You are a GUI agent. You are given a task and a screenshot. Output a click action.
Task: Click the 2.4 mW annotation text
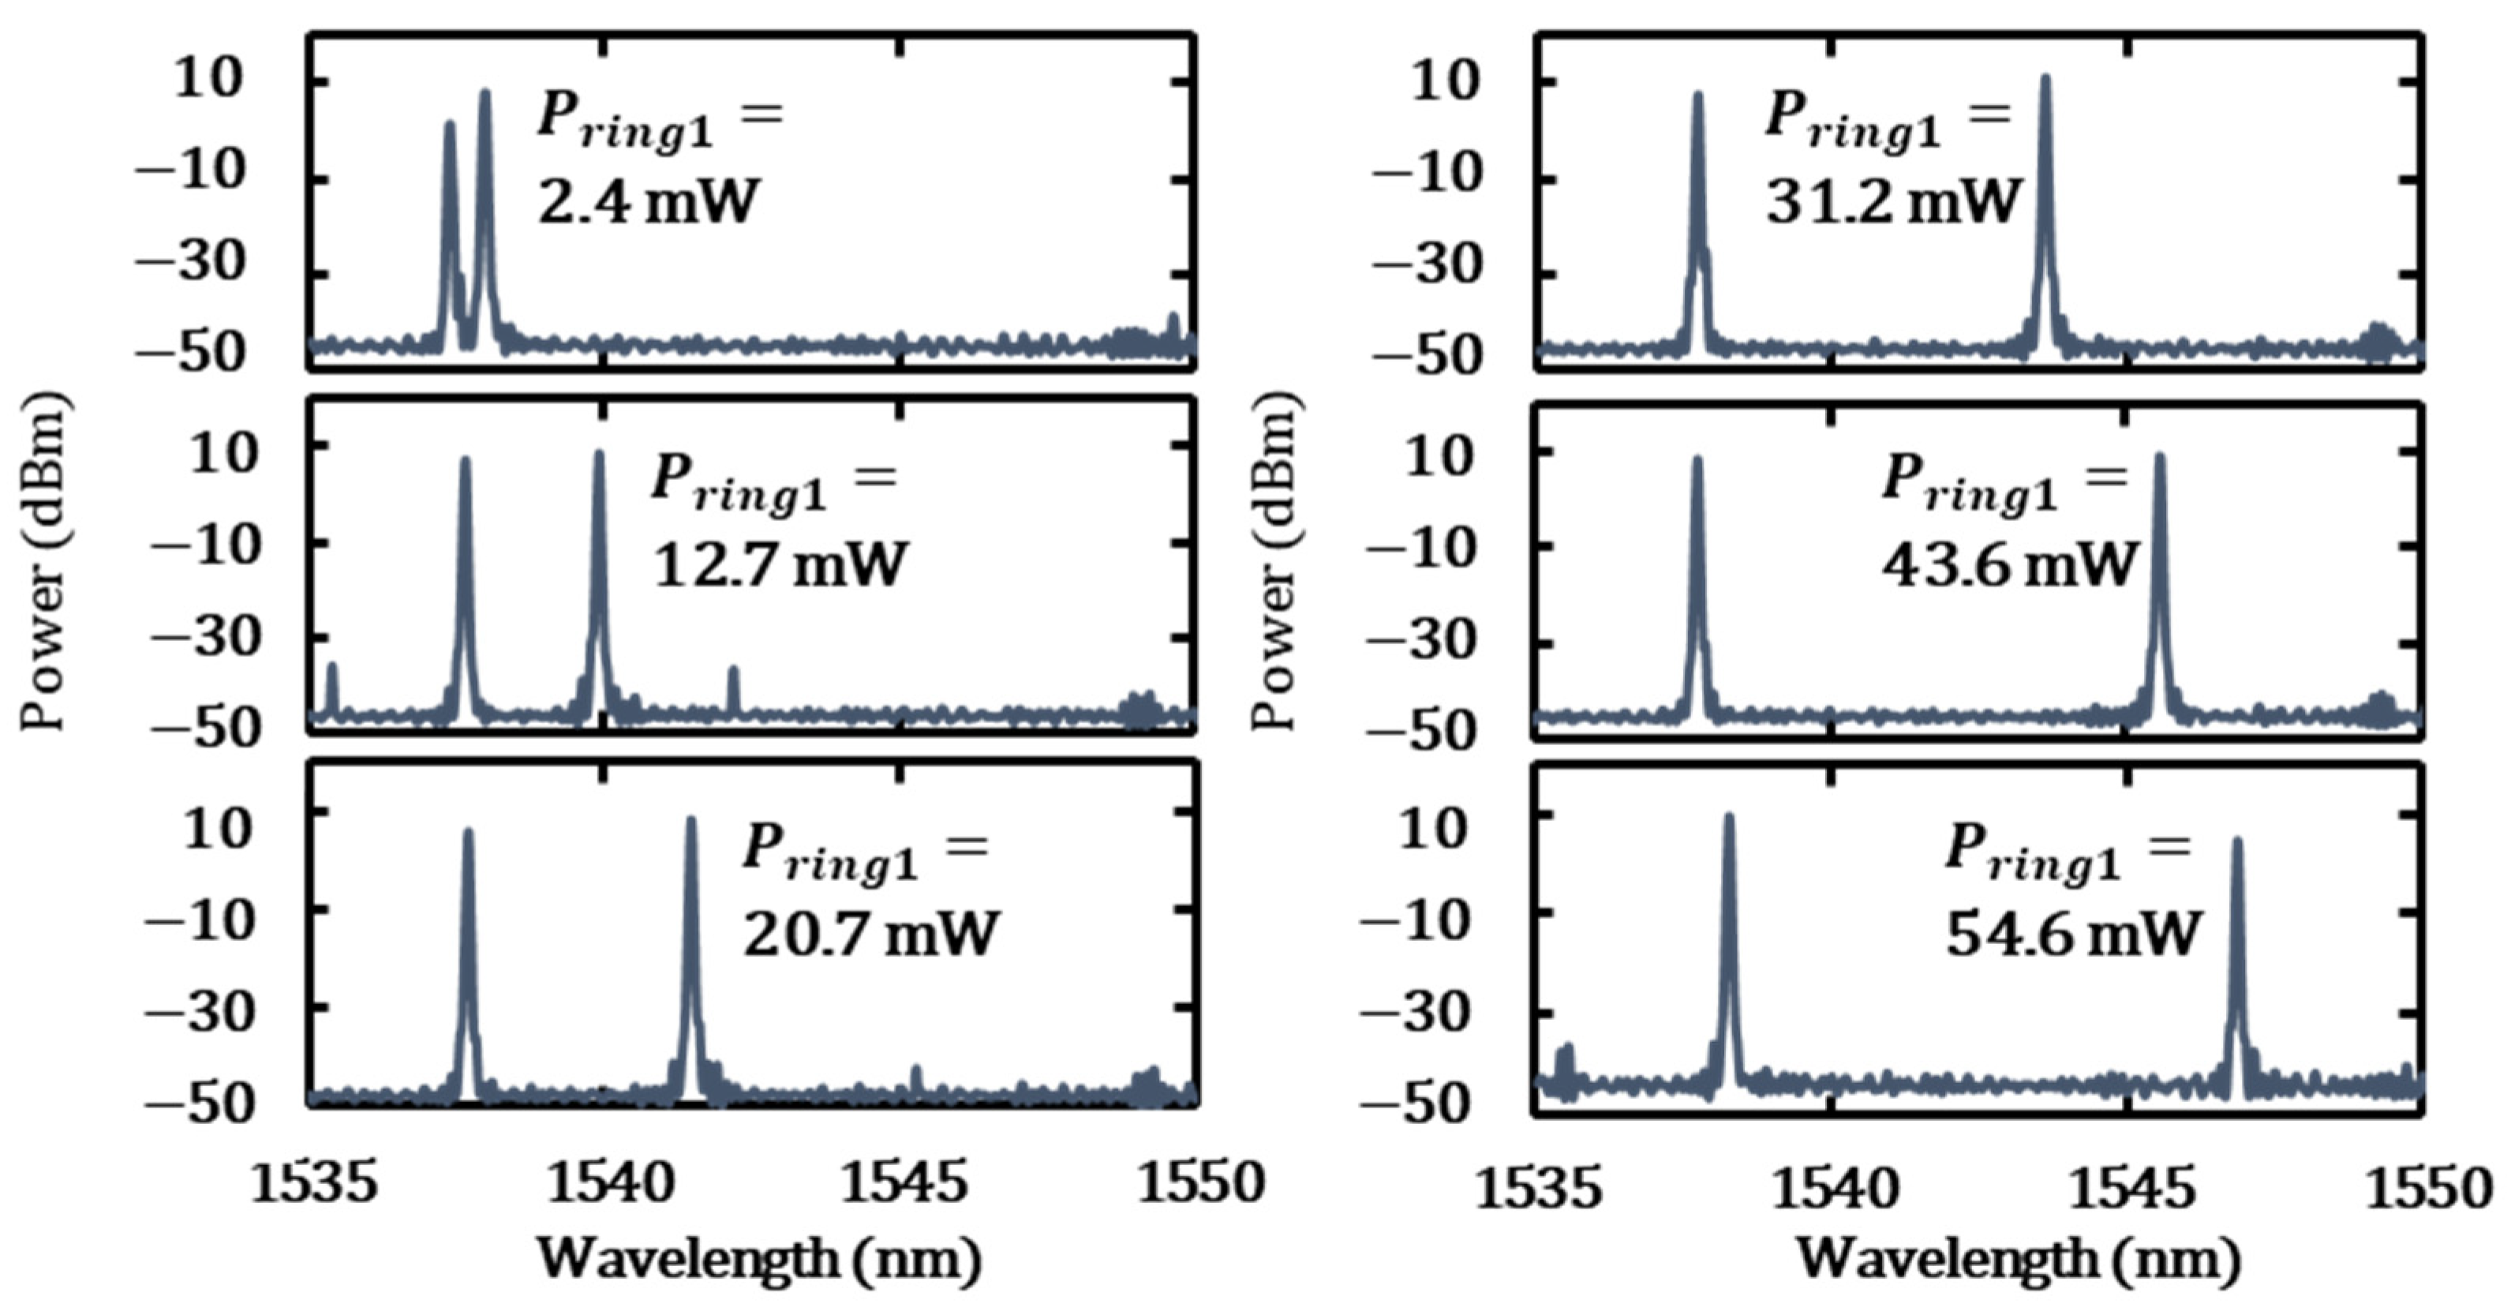click(647, 203)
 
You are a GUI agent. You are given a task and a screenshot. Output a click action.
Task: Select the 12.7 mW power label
click(779, 564)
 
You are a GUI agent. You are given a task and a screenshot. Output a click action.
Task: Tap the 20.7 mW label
click(870, 933)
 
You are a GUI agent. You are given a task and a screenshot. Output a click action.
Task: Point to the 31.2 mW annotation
click(1894, 203)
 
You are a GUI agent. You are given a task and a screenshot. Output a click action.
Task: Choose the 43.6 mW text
click(2009, 564)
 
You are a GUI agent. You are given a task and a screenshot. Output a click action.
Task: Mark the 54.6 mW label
click(2073, 933)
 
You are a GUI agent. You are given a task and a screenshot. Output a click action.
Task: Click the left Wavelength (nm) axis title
click(759, 1257)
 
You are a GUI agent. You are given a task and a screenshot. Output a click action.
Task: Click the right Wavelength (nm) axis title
click(2018, 1257)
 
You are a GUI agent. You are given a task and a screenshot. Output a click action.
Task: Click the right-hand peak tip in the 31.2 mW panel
click(2046, 79)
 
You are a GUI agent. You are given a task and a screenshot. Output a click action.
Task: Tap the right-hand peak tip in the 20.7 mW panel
click(691, 822)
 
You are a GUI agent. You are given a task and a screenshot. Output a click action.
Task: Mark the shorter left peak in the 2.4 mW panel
click(449, 126)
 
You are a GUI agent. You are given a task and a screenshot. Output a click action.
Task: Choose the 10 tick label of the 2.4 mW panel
click(207, 80)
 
